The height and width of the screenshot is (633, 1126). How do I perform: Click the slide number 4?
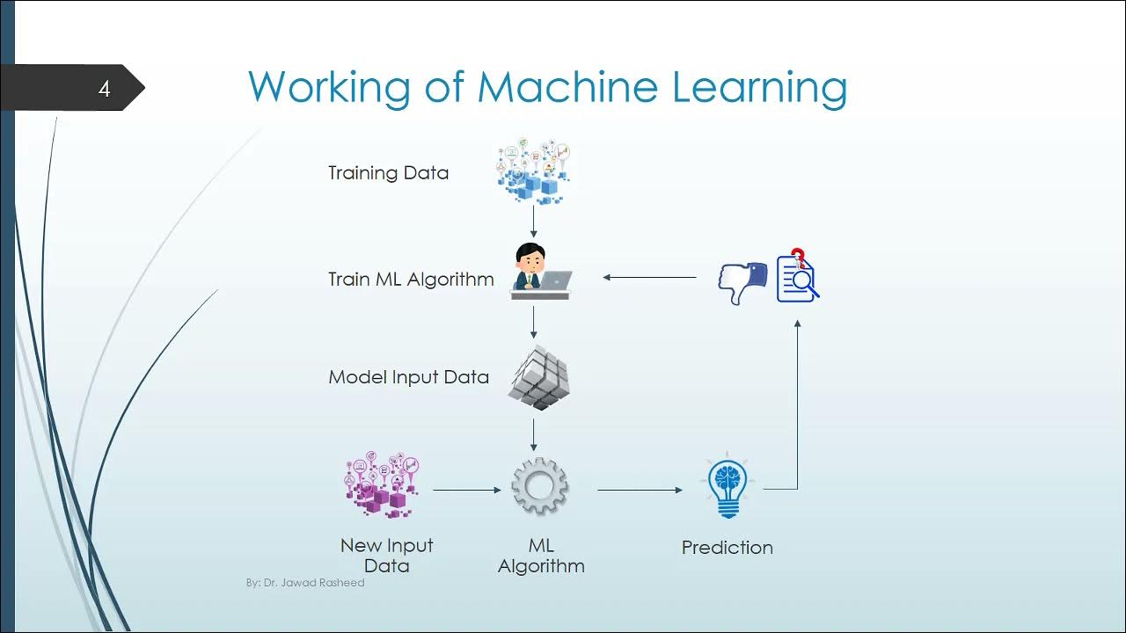[x=104, y=89]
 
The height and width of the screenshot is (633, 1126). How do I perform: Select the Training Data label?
[x=388, y=173]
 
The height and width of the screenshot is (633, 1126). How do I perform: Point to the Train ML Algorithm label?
[x=411, y=280]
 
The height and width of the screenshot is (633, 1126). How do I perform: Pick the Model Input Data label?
[x=408, y=377]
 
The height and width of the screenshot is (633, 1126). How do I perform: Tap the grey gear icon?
[x=539, y=485]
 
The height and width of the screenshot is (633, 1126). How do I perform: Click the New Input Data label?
[x=387, y=555]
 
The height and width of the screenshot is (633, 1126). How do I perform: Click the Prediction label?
[x=727, y=548]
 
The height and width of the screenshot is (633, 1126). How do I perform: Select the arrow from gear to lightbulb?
[x=640, y=490]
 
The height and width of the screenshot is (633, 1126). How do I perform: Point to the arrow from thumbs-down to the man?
[x=649, y=278]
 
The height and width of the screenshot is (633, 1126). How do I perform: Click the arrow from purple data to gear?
[x=466, y=490]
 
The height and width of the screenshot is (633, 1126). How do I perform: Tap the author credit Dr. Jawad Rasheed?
[x=305, y=582]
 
